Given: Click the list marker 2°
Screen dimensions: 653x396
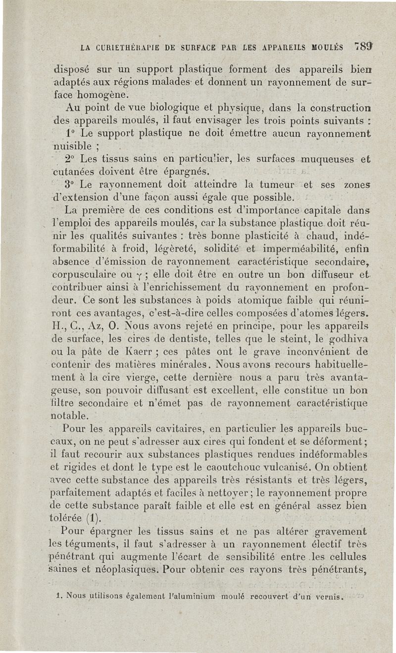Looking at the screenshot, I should [x=70, y=160].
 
